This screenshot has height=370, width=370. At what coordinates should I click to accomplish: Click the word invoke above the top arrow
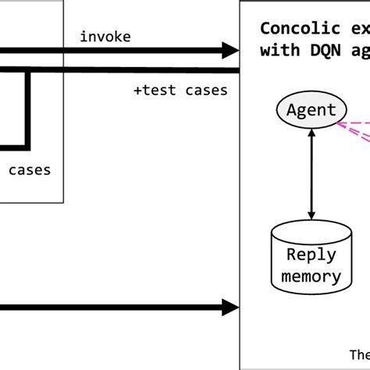coord(105,37)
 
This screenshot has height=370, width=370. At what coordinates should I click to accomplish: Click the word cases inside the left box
coord(30,170)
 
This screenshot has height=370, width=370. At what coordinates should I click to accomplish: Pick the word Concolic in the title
coord(292,29)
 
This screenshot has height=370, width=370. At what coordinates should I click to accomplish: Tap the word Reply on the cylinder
coord(311,255)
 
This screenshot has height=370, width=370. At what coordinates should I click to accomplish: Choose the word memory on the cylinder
coord(311,276)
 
